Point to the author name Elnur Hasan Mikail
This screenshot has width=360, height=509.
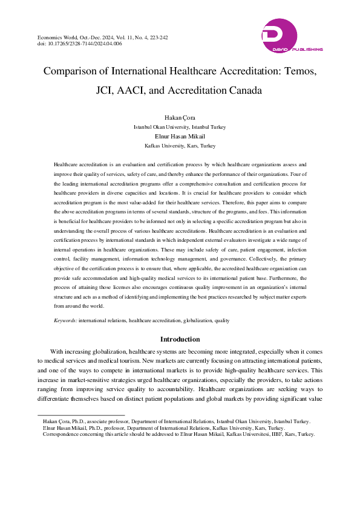[x=180, y=137]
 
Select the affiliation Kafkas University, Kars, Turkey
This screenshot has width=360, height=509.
[x=180, y=146]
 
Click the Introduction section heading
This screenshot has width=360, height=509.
[x=180, y=340]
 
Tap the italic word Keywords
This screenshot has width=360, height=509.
[x=65, y=320]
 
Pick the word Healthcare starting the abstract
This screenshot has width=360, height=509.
[x=68, y=164]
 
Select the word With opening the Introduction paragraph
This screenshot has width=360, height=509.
[x=57, y=351]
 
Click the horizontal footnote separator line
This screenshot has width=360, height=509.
[x=81, y=415]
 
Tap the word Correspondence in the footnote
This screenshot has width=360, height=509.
[x=62, y=434]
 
